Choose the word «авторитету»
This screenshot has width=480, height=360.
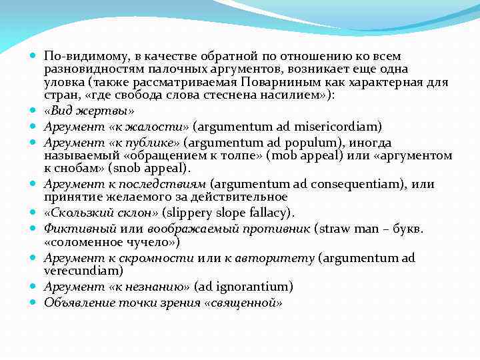(278, 258)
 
